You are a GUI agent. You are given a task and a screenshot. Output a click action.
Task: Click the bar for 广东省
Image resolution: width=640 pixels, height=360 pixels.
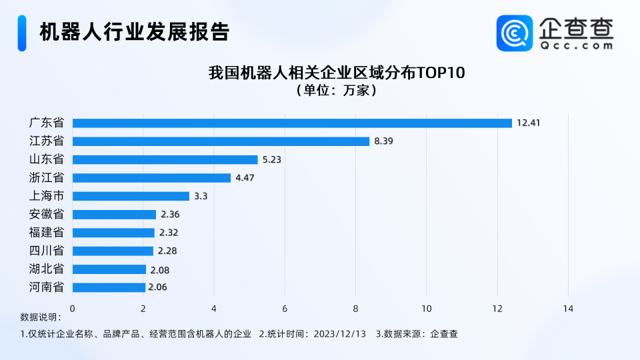pos(292,123)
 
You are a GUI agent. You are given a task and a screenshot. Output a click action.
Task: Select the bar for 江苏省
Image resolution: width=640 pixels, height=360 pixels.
pos(221,141)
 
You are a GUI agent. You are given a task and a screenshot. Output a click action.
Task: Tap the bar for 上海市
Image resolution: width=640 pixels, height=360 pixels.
pos(131,196)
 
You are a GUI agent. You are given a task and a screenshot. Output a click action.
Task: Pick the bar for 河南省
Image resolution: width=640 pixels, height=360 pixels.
pos(109,287)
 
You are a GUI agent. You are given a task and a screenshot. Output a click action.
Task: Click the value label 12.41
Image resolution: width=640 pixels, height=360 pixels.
pos(527,123)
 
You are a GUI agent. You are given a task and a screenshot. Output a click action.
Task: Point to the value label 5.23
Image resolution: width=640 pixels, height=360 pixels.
pos(271,159)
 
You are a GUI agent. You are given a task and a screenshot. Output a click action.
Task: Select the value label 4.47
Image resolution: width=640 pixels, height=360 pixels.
pos(244,178)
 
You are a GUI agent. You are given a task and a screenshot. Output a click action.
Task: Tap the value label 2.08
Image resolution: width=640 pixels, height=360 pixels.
pos(159,269)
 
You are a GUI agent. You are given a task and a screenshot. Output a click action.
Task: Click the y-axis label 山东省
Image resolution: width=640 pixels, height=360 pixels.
pos(47,159)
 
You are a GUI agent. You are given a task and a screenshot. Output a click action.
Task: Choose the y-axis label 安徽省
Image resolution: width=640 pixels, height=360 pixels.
pos(47,214)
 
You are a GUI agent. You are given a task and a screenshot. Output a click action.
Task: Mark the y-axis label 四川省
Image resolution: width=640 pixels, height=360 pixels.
pos(47,251)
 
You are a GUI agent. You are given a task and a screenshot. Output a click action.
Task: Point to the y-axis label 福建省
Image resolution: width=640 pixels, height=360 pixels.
pos(47,233)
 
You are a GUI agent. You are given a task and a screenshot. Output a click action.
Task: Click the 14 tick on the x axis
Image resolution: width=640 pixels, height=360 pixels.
pos(568,308)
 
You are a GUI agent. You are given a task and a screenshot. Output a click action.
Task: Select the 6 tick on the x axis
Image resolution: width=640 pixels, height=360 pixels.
pos(285,308)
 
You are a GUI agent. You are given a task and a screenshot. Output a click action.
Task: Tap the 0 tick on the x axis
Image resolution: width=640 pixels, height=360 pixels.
pos(72,308)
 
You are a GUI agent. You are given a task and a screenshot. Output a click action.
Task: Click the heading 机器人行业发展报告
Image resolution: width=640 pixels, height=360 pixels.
pos(134,31)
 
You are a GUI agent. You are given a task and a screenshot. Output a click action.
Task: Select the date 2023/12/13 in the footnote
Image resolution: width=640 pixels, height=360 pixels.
pos(340,334)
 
